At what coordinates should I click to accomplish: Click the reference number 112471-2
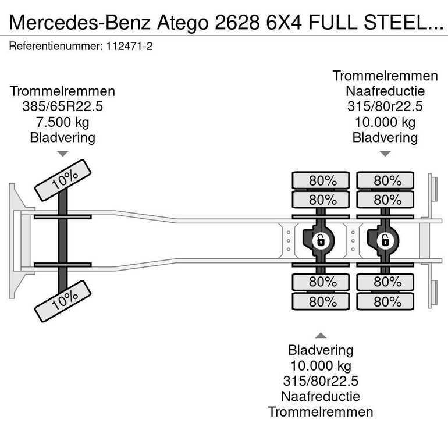tap(129, 46)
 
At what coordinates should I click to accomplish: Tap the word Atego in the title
tap(183, 23)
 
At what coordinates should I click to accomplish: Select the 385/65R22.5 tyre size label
tap(63, 106)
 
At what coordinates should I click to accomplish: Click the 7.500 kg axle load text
tap(63, 122)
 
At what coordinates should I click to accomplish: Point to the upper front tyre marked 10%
tap(63, 180)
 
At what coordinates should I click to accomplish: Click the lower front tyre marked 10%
tap(63, 301)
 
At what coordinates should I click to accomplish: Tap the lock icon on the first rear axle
tap(321, 240)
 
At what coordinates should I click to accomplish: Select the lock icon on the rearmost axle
tap(385, 240)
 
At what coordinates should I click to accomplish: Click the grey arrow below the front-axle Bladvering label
tap(63, 154)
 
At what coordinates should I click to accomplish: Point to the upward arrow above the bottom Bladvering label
tap(321, 336)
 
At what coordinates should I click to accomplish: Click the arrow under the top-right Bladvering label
tap(385, 154)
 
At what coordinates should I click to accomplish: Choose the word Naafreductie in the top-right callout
tap(385, 91)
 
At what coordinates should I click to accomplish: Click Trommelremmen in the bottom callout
tap(321, 412)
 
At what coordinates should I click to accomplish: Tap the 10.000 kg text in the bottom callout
tap(321, 366)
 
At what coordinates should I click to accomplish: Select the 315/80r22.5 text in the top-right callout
tap(385, 106)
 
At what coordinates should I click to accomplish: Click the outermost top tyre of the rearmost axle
tap(385, 180)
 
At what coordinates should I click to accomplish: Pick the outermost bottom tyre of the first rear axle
tap(321, 301)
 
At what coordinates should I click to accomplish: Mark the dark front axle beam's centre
tap(63, 240)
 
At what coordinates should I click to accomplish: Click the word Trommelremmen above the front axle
tap(63, 91)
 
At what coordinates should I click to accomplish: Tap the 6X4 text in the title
tap(284, 23)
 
